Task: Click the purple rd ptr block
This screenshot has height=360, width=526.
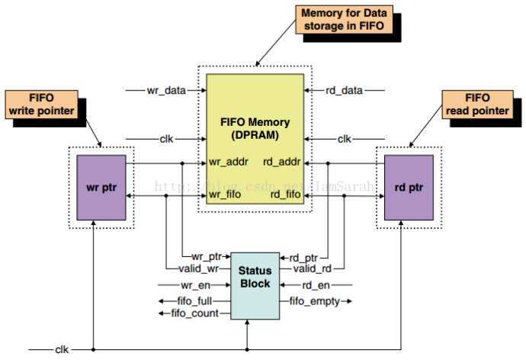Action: click(x=409, y=188)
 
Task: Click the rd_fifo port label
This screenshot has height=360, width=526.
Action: click(x=283, y=196)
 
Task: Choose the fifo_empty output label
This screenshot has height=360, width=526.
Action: click(x=314, y=301)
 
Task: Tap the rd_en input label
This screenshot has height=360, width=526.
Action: click(x=316, y=286)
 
